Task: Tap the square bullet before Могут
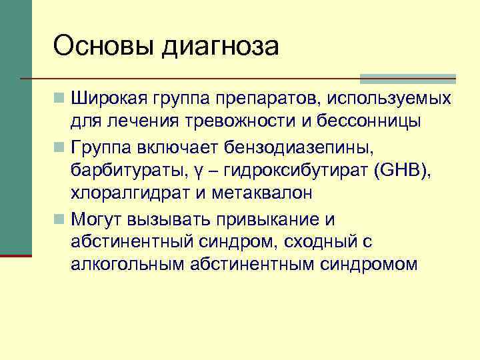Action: tap(60, 218)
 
